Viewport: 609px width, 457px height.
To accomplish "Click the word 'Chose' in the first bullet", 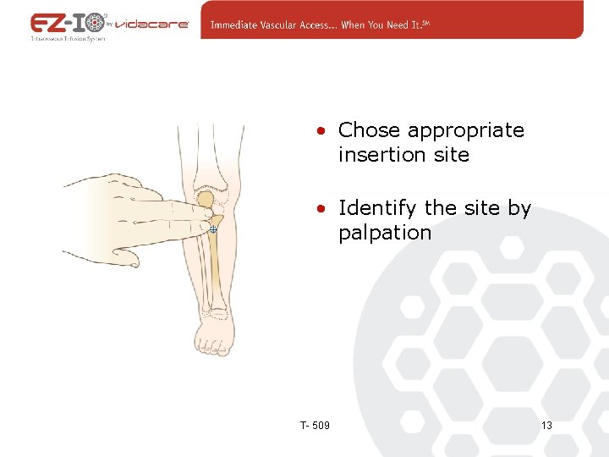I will point(369,130).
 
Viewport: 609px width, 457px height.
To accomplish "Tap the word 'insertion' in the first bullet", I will point(375,155).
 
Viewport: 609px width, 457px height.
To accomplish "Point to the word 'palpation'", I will point(385,233).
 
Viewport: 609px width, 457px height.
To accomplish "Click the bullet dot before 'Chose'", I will point(321,131).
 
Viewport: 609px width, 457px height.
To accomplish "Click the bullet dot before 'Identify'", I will point(321,209).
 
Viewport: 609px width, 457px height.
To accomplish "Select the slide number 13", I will point(546,425).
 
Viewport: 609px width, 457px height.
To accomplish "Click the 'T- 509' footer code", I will point(315,425).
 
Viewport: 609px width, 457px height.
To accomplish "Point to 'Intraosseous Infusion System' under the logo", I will point(68,39).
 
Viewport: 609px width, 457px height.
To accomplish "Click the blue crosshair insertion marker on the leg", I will point(213,229).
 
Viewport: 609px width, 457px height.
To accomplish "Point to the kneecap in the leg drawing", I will point(206,201).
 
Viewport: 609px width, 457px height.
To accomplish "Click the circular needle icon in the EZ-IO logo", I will point(95,22).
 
